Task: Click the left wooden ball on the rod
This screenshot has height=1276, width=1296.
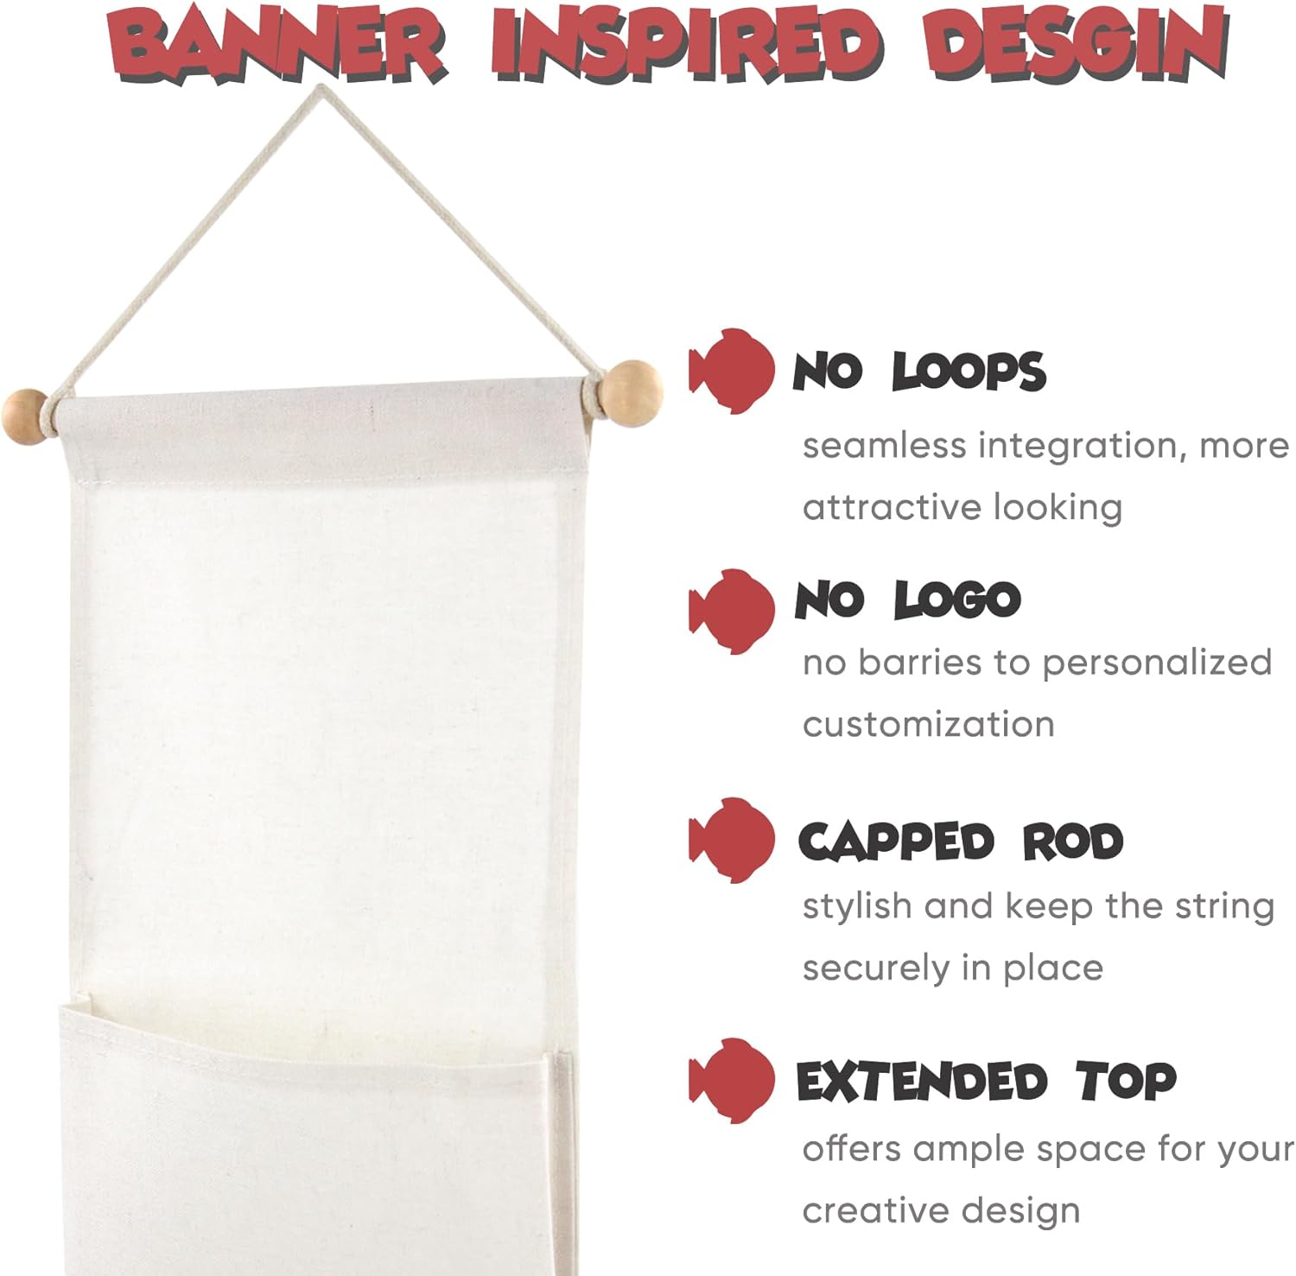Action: click(27, 416)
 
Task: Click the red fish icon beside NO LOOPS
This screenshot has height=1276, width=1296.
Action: click(733, 371)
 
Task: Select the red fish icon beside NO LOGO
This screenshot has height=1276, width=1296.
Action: click(733, 612)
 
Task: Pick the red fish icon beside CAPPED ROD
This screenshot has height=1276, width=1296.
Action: click(733, 840)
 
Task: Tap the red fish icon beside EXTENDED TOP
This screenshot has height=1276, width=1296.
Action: click(733, 1080)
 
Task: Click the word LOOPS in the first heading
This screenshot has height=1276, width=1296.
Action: click(969, 372)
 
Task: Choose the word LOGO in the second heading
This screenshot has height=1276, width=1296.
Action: click(956, 600)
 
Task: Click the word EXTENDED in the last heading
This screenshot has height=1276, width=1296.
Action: click(922, 1082)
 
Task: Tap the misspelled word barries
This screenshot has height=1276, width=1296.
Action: click(920, 663)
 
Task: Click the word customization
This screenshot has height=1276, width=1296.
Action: click(929, 724)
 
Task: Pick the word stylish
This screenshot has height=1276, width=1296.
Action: click(856, 907)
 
